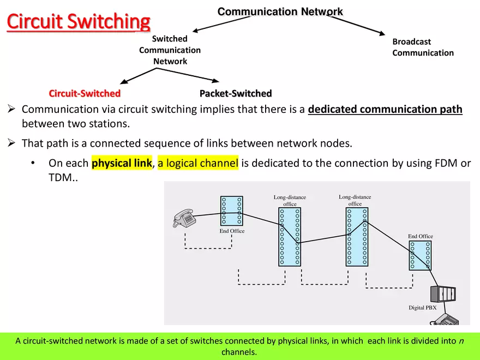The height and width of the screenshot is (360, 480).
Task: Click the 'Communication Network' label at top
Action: point(280,11)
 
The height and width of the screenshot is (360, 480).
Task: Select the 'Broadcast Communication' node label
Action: point(423,47)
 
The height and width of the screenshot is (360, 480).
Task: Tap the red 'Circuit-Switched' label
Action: point(85,93)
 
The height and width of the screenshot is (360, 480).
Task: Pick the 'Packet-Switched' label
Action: point(236,93)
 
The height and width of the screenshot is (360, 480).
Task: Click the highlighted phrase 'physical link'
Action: point(122,163)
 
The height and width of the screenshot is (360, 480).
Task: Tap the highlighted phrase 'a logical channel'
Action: point(198,163)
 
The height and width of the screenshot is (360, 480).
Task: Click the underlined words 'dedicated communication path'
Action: point(385,109)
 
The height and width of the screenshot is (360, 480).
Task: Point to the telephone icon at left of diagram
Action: point(184,218)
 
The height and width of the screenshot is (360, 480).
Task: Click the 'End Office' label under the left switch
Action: point(232,231)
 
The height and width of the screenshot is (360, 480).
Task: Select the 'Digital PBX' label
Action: point(423,308)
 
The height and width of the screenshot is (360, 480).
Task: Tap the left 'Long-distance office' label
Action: point(290,200)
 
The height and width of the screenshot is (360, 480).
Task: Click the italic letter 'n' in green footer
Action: point(461,341)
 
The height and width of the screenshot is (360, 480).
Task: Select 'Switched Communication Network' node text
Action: point(170,50)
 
